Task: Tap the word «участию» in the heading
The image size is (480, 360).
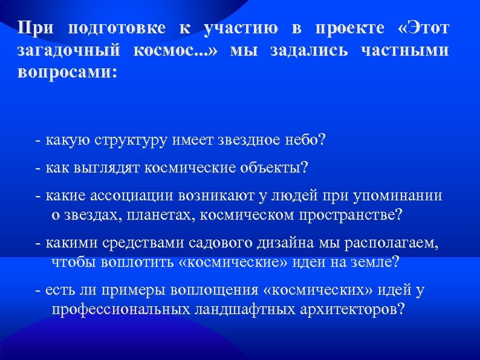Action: click(x=241, y=29)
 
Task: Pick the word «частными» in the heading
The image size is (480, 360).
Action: click(x=404, y=51)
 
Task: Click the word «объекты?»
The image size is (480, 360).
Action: click(x=277, y=168)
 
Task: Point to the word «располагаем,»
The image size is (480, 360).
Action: click(x=390, y=243)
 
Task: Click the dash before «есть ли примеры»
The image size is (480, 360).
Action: click(x=39, y=291)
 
